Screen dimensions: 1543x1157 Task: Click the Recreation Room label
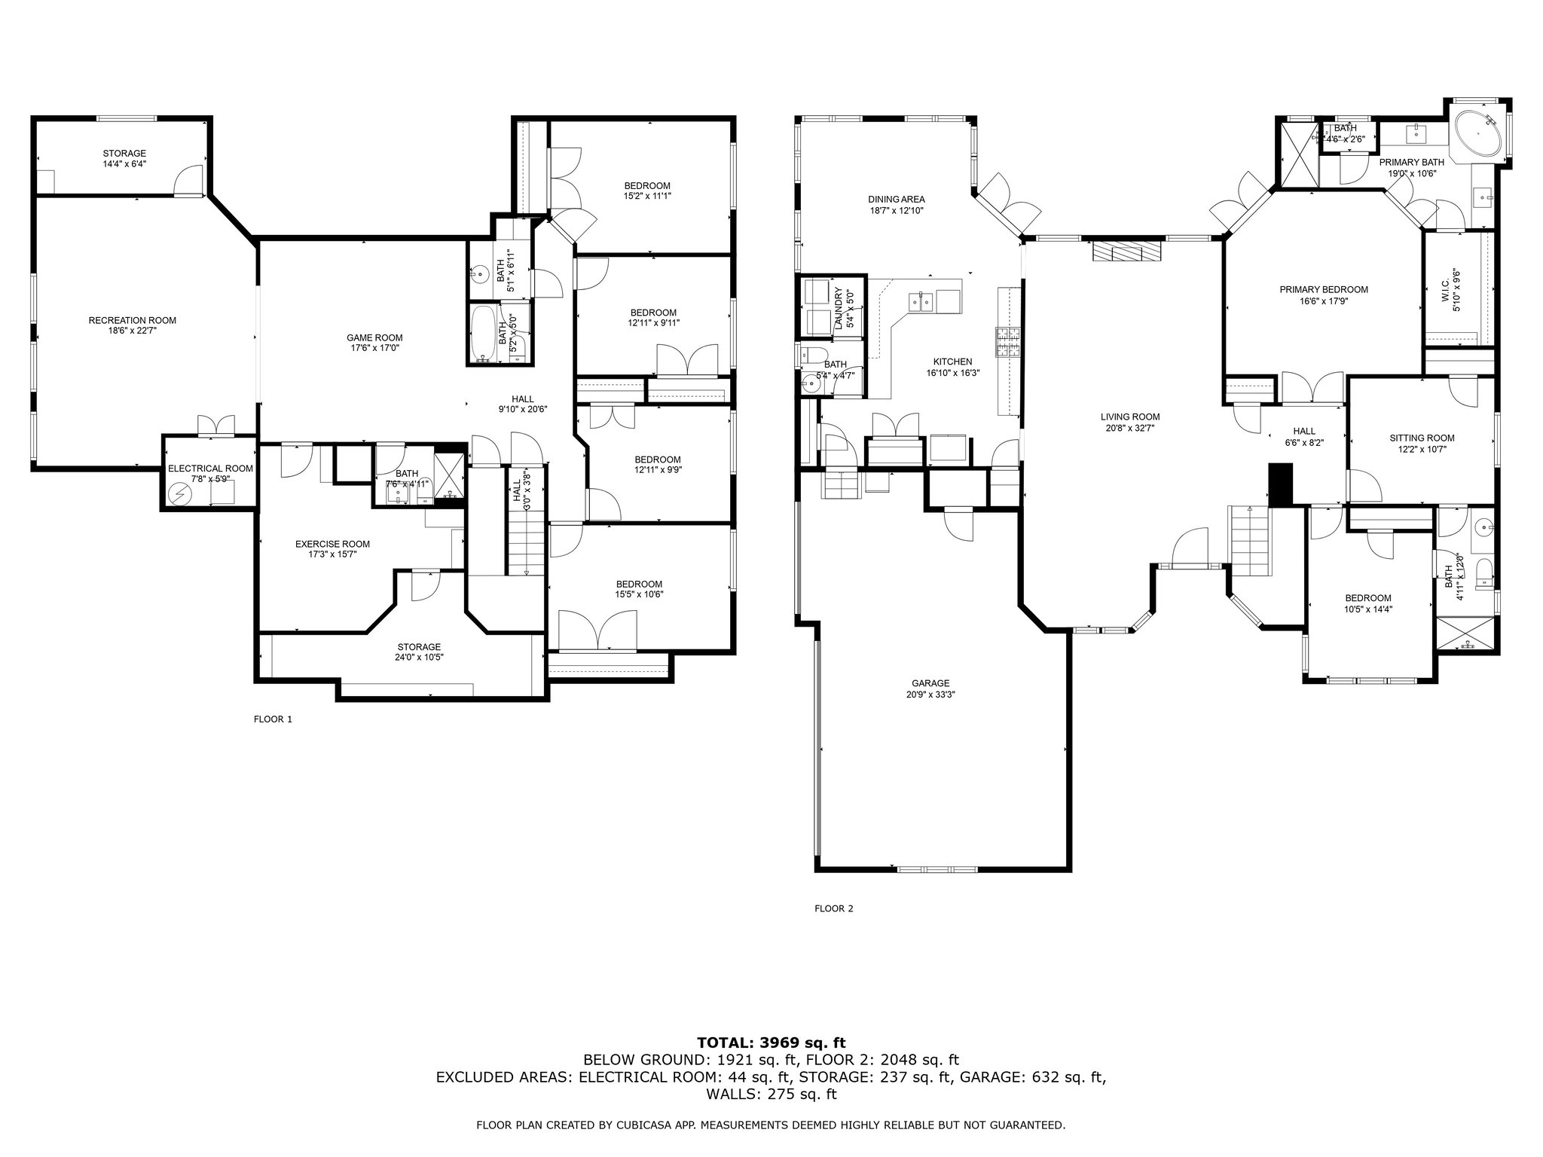tap(133, 320)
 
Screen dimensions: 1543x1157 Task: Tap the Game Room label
tap(374, 337)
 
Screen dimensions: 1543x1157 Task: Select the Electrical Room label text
tap(210, 469)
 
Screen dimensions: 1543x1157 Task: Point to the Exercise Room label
tap(332, 544)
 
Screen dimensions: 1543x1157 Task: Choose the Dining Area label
tap(897, 200)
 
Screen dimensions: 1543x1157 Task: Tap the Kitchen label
tap(952, 362)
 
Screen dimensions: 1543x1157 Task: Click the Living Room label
tap(1130, 417)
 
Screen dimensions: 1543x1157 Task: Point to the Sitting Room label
tap(1422, 438)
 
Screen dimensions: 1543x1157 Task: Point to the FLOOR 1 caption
tap(273, 719)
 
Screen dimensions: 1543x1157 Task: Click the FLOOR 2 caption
tap(834, 908)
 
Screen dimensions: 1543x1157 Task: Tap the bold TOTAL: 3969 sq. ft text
tap(771, 1043)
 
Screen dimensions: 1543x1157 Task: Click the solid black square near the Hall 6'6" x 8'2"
tap(1281, 484)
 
